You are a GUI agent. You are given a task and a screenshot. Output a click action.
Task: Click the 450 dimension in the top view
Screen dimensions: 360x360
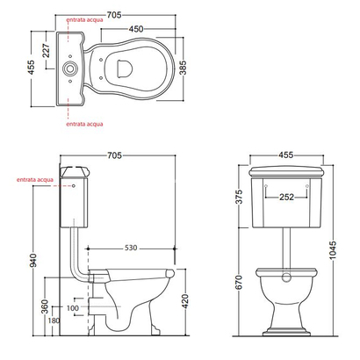click(136, 29)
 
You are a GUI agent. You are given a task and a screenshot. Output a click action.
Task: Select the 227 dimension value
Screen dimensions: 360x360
click(47, 50)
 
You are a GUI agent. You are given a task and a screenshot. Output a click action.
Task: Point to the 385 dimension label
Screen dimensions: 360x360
click(183, 68)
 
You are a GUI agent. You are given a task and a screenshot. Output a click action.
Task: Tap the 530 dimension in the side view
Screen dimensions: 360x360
click(131, 248)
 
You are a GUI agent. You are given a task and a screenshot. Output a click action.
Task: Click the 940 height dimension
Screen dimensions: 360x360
click(34, 260)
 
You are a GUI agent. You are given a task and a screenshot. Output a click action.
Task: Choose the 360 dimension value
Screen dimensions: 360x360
click(45, 306)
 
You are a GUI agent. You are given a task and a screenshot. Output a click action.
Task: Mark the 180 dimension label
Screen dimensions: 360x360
click(54, 320)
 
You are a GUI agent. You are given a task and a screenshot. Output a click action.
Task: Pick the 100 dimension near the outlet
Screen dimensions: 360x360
click(73, 308)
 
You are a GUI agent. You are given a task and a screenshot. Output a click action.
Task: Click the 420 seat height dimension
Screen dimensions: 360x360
click(185, 301)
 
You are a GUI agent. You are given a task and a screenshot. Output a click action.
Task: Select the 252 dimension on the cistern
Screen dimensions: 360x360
click(286, 197)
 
